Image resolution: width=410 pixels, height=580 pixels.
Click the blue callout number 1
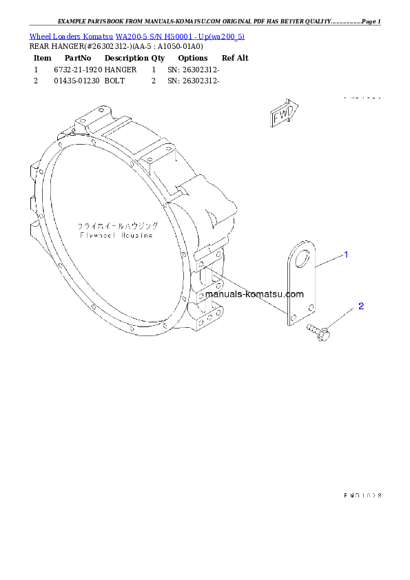346,255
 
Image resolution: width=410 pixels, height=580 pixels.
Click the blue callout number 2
360,306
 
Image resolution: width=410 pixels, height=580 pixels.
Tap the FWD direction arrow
283,114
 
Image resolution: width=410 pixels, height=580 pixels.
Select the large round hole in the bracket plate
300,258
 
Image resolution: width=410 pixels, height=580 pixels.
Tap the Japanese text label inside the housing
117,225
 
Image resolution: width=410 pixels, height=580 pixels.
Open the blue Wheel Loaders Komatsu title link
136,36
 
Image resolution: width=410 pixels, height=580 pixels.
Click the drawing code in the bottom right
362,495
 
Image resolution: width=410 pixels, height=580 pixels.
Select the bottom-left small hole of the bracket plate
293,318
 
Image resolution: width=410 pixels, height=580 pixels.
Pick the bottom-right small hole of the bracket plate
311,306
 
